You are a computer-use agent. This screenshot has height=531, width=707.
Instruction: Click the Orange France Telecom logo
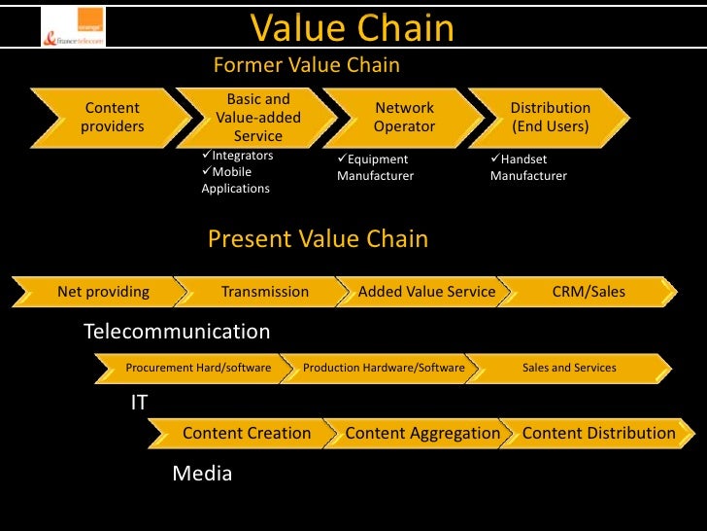[x=73, y=28]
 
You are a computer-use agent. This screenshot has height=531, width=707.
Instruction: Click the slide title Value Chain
[x=353, y=28]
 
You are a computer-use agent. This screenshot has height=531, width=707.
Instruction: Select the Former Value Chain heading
[x=306, y=65]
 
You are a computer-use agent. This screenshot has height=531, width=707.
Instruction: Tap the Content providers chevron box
[x=112, y=118]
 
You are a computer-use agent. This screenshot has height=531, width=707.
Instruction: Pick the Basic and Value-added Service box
[x=258, y=118]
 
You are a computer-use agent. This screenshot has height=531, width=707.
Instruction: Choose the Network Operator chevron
[x=404, y=118]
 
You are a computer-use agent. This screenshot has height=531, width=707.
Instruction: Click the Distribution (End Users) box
[x=550, y=118]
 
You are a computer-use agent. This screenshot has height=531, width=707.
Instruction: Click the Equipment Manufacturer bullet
[x=375, y=167]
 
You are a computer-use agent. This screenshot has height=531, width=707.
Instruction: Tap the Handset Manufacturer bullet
[x=529, y=167]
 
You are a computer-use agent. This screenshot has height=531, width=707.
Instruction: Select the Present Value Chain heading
[x=318, y=239]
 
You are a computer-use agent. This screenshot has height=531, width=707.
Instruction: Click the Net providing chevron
[x=103, y=292]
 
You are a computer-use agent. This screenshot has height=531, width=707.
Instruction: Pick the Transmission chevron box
[x=264, y=292]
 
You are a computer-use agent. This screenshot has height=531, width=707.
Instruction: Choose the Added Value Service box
[x=426, y=292]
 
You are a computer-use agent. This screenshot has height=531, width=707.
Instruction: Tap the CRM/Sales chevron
[x=589, y=292]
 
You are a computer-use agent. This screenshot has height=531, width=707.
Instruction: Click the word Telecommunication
[x=177, y=332]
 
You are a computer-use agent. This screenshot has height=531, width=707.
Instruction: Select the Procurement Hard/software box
[x=198, y=368]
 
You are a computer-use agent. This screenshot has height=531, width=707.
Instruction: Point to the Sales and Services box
[x=569, y=368]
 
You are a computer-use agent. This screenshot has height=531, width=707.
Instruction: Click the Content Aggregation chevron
[x=422, y=434]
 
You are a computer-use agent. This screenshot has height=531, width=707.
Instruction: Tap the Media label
[x=202, y=474]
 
